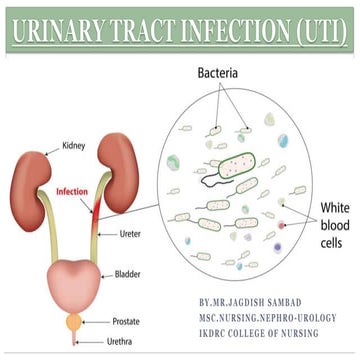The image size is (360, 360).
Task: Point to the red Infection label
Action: point(73,190)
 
